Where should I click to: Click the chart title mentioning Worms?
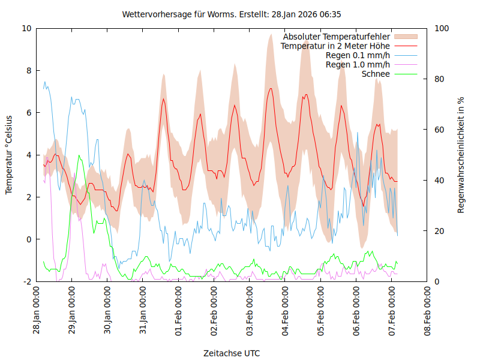[232, 14]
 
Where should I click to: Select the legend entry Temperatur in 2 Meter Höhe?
[335, 46]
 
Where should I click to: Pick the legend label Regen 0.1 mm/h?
[358, 55]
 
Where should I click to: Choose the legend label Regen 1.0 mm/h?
[358, 64]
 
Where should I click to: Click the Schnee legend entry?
[376, 74]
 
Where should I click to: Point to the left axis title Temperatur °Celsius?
[9, 154]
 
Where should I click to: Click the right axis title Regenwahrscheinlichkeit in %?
[461, 155]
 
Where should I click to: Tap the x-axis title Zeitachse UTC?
[232, 353]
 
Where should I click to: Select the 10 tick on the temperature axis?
[26, 28]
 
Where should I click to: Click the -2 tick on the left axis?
[26, 281]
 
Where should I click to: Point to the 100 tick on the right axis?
[441, 28]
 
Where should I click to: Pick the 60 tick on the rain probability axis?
[439, 130]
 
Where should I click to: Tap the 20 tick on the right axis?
[439, 231]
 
